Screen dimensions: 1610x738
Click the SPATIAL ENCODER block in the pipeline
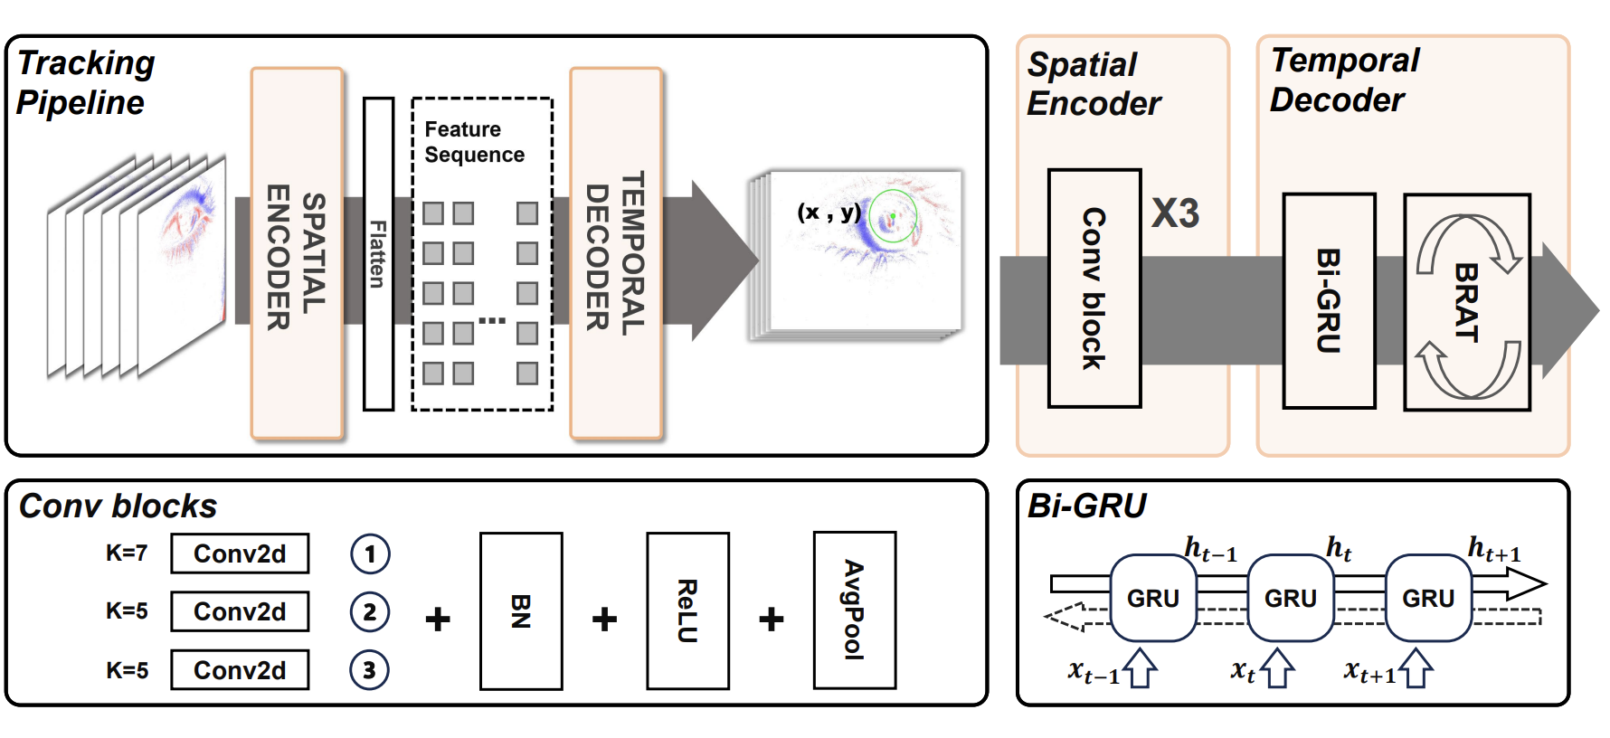click(x=297, y=254)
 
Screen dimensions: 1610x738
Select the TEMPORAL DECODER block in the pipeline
click(x=616, y=254)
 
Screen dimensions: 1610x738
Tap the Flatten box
click(x=378, y=254)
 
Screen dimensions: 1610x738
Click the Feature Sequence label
click(x=474, y=142)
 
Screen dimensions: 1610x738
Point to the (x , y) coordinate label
click(x=829, y=212)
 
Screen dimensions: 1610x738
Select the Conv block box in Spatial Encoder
click(x=1094, y=289)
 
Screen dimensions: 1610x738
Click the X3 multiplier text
click(x=1175, y=213)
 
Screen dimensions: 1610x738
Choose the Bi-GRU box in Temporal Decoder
click(x=1329, y=300)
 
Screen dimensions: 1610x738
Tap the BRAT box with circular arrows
click(x=1467, y=302)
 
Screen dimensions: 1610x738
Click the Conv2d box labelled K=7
click(x=240, y=553)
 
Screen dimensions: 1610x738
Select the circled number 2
click(x=370, y=612)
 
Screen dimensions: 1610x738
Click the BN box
click(x=521, y=611)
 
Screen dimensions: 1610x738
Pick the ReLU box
click(x=687, y=611)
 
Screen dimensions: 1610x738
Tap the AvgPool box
click(x=855, y=611)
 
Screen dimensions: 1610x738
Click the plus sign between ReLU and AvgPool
click(x=772, y=620)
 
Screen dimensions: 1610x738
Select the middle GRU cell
click(x=1291, y=598)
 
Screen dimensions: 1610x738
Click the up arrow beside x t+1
click(x=1416, y=668)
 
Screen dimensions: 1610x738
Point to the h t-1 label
click(x=1210, y=549)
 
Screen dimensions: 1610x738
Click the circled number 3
click(x=370, y=670)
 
